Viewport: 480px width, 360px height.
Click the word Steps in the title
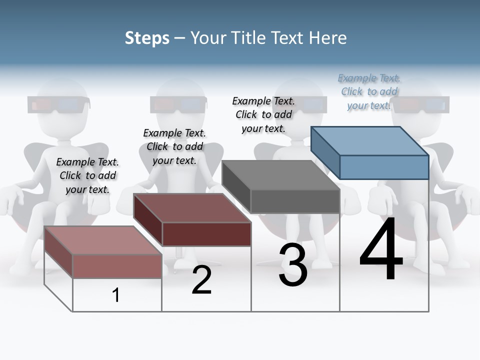[146, 38]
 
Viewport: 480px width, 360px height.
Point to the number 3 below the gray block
[293, 265]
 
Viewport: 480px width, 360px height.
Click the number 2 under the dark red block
[201, 280]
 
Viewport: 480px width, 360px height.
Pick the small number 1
[116, 295]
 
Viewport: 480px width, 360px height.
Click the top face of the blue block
[369, 141]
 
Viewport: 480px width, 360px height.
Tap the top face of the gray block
[280, 175]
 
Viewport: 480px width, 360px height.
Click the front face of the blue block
[384, 167]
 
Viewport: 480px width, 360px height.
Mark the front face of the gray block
[295, 201]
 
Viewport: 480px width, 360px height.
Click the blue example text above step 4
[369, 91]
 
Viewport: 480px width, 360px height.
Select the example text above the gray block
[263, 114]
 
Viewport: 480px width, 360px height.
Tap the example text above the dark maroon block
[174, 146]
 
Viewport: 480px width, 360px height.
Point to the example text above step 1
[87, 175]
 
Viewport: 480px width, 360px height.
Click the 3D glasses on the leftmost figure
[58, 105]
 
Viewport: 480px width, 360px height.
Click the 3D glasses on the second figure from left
[178, 104]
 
